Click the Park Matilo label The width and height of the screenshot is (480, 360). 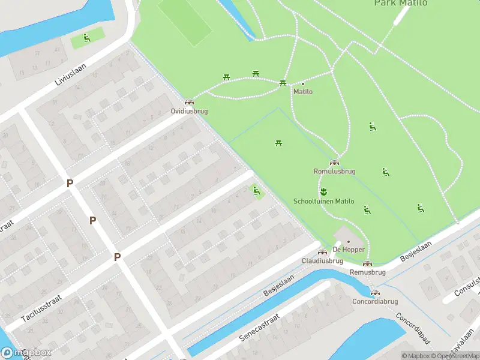[x=401, y=3]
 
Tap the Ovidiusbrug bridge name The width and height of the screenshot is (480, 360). [x=189, y=111]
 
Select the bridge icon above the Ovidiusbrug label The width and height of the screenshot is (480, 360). [x=189, y=102]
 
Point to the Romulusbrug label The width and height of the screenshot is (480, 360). [x=335, y=171]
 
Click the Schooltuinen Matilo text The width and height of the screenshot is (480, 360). [x=323, y=202]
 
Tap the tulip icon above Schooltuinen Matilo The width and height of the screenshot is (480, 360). [x=323, y=192]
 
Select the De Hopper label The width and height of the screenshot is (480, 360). [x=346, y=249]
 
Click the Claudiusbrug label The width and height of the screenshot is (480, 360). [x=322, y=261]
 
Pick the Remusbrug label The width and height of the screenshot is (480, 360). [x=367, y=272]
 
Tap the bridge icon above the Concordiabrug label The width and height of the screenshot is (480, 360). [x=376, y=293]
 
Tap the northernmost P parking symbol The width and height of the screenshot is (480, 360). [x=70, y=183]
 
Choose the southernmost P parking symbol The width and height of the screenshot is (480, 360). [x=118, y=257]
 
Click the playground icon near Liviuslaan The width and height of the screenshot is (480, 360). [x=86, y=38]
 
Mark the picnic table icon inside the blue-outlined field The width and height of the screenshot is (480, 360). [x=279, y=143]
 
